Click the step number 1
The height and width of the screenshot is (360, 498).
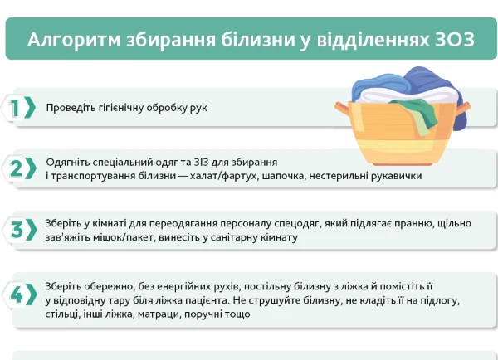click(15, 108)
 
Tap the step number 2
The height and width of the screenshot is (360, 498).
click(17, 168)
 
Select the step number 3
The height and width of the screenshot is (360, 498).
click(17, 230)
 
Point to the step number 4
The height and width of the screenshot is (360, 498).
click(17, 294)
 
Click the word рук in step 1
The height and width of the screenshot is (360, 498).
click(198, 108)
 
